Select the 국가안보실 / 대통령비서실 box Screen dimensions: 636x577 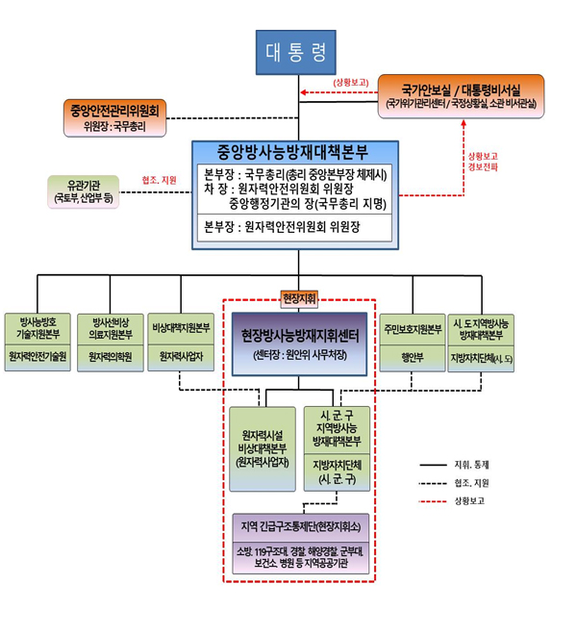tap(461, 93)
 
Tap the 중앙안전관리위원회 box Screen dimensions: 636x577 tap(115, 114)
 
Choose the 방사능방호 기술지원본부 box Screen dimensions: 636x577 tap(38, 327)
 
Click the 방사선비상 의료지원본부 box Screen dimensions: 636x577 tap(111, 327)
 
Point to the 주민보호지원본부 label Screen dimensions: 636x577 tap(411, 328)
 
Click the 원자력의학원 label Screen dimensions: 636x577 tap(111, 357)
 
